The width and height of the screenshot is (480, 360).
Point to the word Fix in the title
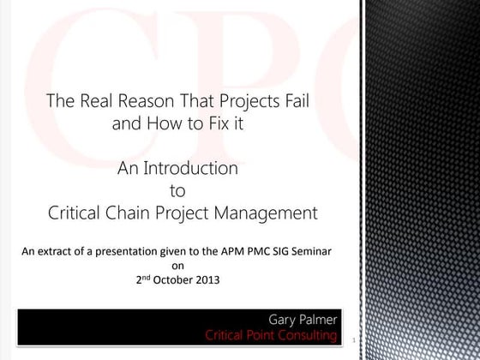point(212,123)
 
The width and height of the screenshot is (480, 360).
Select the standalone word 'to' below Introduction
point(178,190)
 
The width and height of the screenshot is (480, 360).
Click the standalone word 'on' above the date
point(178,265)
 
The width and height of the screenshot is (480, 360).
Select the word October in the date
point(177,279)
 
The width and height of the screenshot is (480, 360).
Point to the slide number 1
point(352,341)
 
